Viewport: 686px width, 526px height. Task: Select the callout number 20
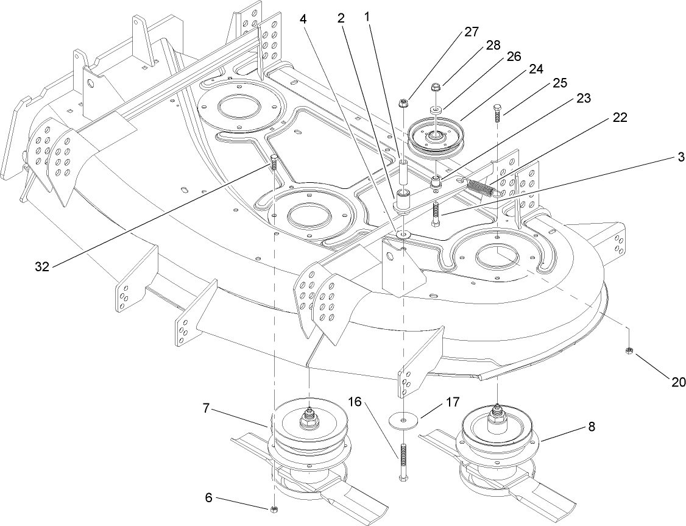tap(678, 382)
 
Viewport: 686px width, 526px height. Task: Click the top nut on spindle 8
tap(498, 416)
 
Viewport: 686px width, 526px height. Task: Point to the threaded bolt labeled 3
tap(435, 213)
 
